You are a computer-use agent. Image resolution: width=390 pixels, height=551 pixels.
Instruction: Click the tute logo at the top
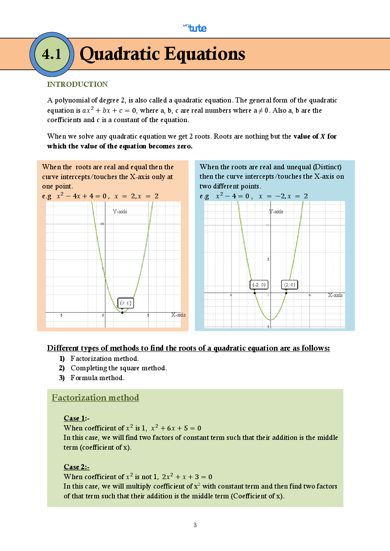pyautogui.click(x=195, y=28)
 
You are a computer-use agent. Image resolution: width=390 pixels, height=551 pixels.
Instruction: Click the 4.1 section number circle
pyautogui.click(x=52, y=54)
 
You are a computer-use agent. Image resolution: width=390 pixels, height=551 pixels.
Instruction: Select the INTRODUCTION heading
pyautogui.click(x=77, y=84)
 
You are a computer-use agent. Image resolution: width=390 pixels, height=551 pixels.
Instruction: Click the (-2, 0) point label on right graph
pyautogui.click(x=259, y=285)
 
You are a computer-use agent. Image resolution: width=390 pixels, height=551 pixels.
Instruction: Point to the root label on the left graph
pyautogui.click(x=126, y=303)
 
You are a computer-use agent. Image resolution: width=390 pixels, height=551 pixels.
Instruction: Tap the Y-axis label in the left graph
pyautogui.click(x=120, y=211)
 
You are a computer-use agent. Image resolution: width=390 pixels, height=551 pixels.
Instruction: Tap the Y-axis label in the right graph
pyautogui.click(x=276, y=211)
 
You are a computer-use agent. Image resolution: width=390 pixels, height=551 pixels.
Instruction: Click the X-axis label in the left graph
pyautogui.click(x=178, y=315)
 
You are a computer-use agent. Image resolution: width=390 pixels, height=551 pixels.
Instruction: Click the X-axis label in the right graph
pyautogui.click(x=335, y=295)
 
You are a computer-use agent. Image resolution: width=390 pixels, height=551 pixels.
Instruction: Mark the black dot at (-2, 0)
pyautogui.click(x=255, y=293)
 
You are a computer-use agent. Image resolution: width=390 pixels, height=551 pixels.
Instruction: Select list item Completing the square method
pyautogui.click(x=118, y=368)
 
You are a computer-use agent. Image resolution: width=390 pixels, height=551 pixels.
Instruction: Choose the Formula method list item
pyautogui.click(x=97, y=378)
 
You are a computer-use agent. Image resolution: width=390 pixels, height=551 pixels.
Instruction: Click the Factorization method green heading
pyautogui.click(x=95, y=397)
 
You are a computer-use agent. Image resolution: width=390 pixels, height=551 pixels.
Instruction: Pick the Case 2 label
pyautogui.click(x=76, y=467)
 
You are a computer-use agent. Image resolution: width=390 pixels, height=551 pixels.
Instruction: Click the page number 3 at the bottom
pyautogui.click(x=195, y=525)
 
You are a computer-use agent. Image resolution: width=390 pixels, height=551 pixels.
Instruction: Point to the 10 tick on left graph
pyautogui.click(x=102, y=224)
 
